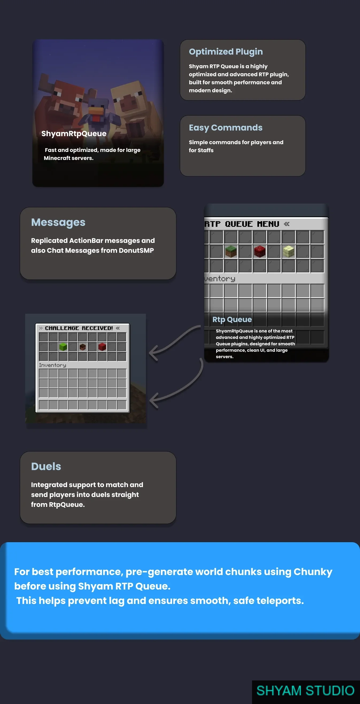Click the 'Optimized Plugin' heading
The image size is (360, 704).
[226, 52]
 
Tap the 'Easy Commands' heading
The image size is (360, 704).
[226, 128]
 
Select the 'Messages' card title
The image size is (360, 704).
[58, 223]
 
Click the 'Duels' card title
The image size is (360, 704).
[46, 466]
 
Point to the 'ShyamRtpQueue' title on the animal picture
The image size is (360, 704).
[74, 134]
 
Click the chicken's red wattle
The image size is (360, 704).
[96, 118]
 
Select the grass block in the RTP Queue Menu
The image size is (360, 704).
[231, 251]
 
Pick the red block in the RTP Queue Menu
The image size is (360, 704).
[260, 251]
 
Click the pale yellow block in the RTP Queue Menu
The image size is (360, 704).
[288, 251]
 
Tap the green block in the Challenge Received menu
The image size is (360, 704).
[63, 347]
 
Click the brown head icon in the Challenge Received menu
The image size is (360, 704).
[83, 347]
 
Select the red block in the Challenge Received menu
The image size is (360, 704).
[102, 347]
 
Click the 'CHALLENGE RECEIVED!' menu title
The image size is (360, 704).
[79, 328]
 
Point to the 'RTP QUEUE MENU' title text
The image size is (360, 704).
[242, 224]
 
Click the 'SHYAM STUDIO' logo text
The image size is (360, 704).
[305, 691]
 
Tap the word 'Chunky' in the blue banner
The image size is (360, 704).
[313, 572]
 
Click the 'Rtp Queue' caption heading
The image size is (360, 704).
[232, 319]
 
